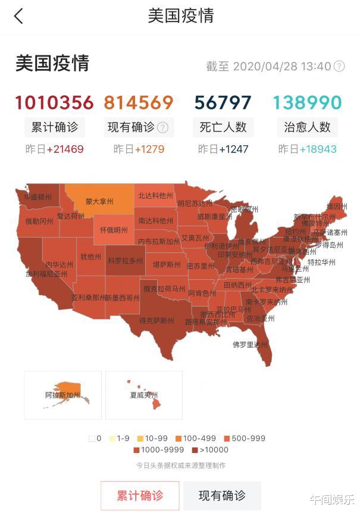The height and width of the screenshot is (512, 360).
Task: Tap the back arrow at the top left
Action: [19, 16]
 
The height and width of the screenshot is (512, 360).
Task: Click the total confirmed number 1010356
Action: [54, 102]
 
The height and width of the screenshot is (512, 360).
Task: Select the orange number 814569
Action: [139, 102]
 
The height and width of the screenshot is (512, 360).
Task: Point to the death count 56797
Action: [223, 102]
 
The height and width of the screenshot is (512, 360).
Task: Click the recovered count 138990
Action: [308, 102]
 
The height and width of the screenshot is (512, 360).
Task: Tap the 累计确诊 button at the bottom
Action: [140, 495]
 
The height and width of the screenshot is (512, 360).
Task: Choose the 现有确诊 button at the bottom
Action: [221, 495]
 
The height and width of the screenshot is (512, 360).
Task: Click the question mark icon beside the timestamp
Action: [339, 66]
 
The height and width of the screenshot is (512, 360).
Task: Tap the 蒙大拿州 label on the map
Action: [99, 201]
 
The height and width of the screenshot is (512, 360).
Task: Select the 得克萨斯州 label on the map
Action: [156, 320]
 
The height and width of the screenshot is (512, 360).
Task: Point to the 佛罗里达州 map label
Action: [250, 344]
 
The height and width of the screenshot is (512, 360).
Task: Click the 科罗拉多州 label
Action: [125, 261]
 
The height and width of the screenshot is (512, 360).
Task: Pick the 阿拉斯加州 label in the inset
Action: [62, 395]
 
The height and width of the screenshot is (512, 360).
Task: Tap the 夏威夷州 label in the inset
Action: [143, 395]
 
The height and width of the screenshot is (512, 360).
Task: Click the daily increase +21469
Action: [65, 149]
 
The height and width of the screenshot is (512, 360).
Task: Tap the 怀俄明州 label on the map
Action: [113, 230]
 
